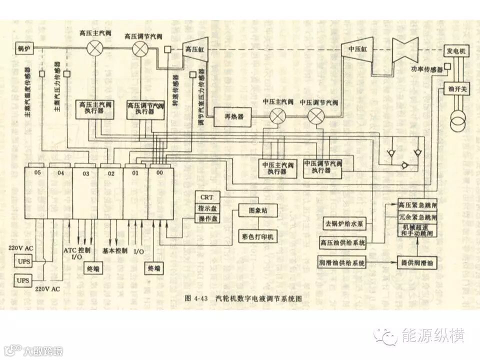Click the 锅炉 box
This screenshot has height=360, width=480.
24,48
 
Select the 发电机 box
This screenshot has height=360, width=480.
455,51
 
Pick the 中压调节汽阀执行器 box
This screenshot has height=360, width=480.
323,167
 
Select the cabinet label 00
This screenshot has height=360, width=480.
159,172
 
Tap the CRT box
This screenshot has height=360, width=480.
207,197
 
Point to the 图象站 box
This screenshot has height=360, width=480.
258,211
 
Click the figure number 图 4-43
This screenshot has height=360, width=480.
195,298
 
